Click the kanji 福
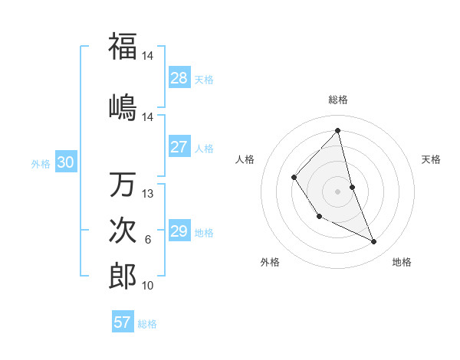(123, 47)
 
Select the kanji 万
(123, 185)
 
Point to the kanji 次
(123, 230)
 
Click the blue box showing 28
(179, 78)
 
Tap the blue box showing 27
(179, 147)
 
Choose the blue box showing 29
(179, 231)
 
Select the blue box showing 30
(65, 162)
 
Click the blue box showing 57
(123, 322)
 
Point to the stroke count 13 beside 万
(148, 194)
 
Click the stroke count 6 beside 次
(148, 240)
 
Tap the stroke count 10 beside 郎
(148, 286)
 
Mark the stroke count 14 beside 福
(148, 56)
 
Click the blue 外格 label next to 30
(41, 163)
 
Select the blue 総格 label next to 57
(147, 323)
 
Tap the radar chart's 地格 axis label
(402, 263)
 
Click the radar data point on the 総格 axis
(337, 130)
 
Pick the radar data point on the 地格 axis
(374, 242)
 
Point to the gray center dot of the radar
(337, 191)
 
